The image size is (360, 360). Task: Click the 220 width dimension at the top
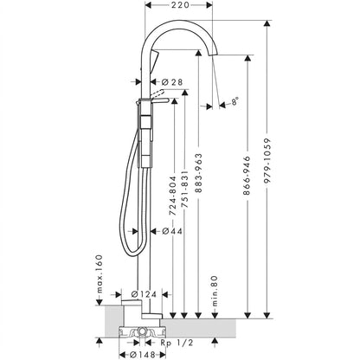[x=179, y=5]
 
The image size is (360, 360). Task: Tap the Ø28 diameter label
[x=172, y=82]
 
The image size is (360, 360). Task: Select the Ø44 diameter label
[x=172, y=231]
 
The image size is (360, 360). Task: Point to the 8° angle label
[x=235, y=101]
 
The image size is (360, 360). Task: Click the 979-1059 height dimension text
[x=268, y=161]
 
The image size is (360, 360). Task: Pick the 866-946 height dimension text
[x=247, y=176]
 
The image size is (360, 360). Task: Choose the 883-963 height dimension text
[x=199, y=173]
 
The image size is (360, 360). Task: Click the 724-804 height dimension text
[x=172, y=196]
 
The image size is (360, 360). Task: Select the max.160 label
[x=100, y=273]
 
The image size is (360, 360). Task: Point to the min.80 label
[x=215, y=291]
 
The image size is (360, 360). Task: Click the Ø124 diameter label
[x=144, y=294]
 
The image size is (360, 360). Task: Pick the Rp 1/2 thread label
[x=177, y=343]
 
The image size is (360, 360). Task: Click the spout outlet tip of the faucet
[x=213, y=55]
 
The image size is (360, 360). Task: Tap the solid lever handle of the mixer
[x=159, y=100]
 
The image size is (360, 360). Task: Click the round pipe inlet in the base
[x=142, y=331]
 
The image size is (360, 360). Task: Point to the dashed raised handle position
[x=157, y=93]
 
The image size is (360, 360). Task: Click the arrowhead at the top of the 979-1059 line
[x=268, y=24]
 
